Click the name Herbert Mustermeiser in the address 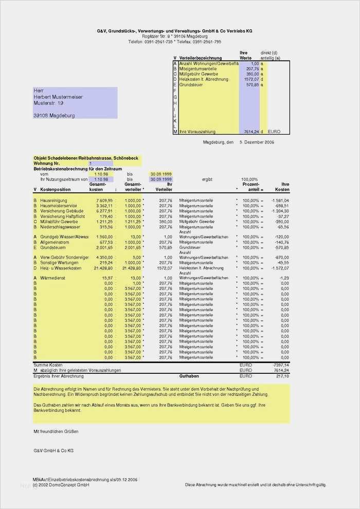58,97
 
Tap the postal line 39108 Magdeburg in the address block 54,116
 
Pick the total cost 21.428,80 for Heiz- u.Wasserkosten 103,268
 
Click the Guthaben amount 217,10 282,376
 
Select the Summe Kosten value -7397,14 280,365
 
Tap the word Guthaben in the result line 189,376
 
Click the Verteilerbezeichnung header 201,58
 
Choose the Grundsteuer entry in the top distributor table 191,85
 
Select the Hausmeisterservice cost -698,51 280,206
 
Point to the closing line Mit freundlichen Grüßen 57,431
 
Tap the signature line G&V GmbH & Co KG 53,450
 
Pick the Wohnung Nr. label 48,163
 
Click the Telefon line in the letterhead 175,42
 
